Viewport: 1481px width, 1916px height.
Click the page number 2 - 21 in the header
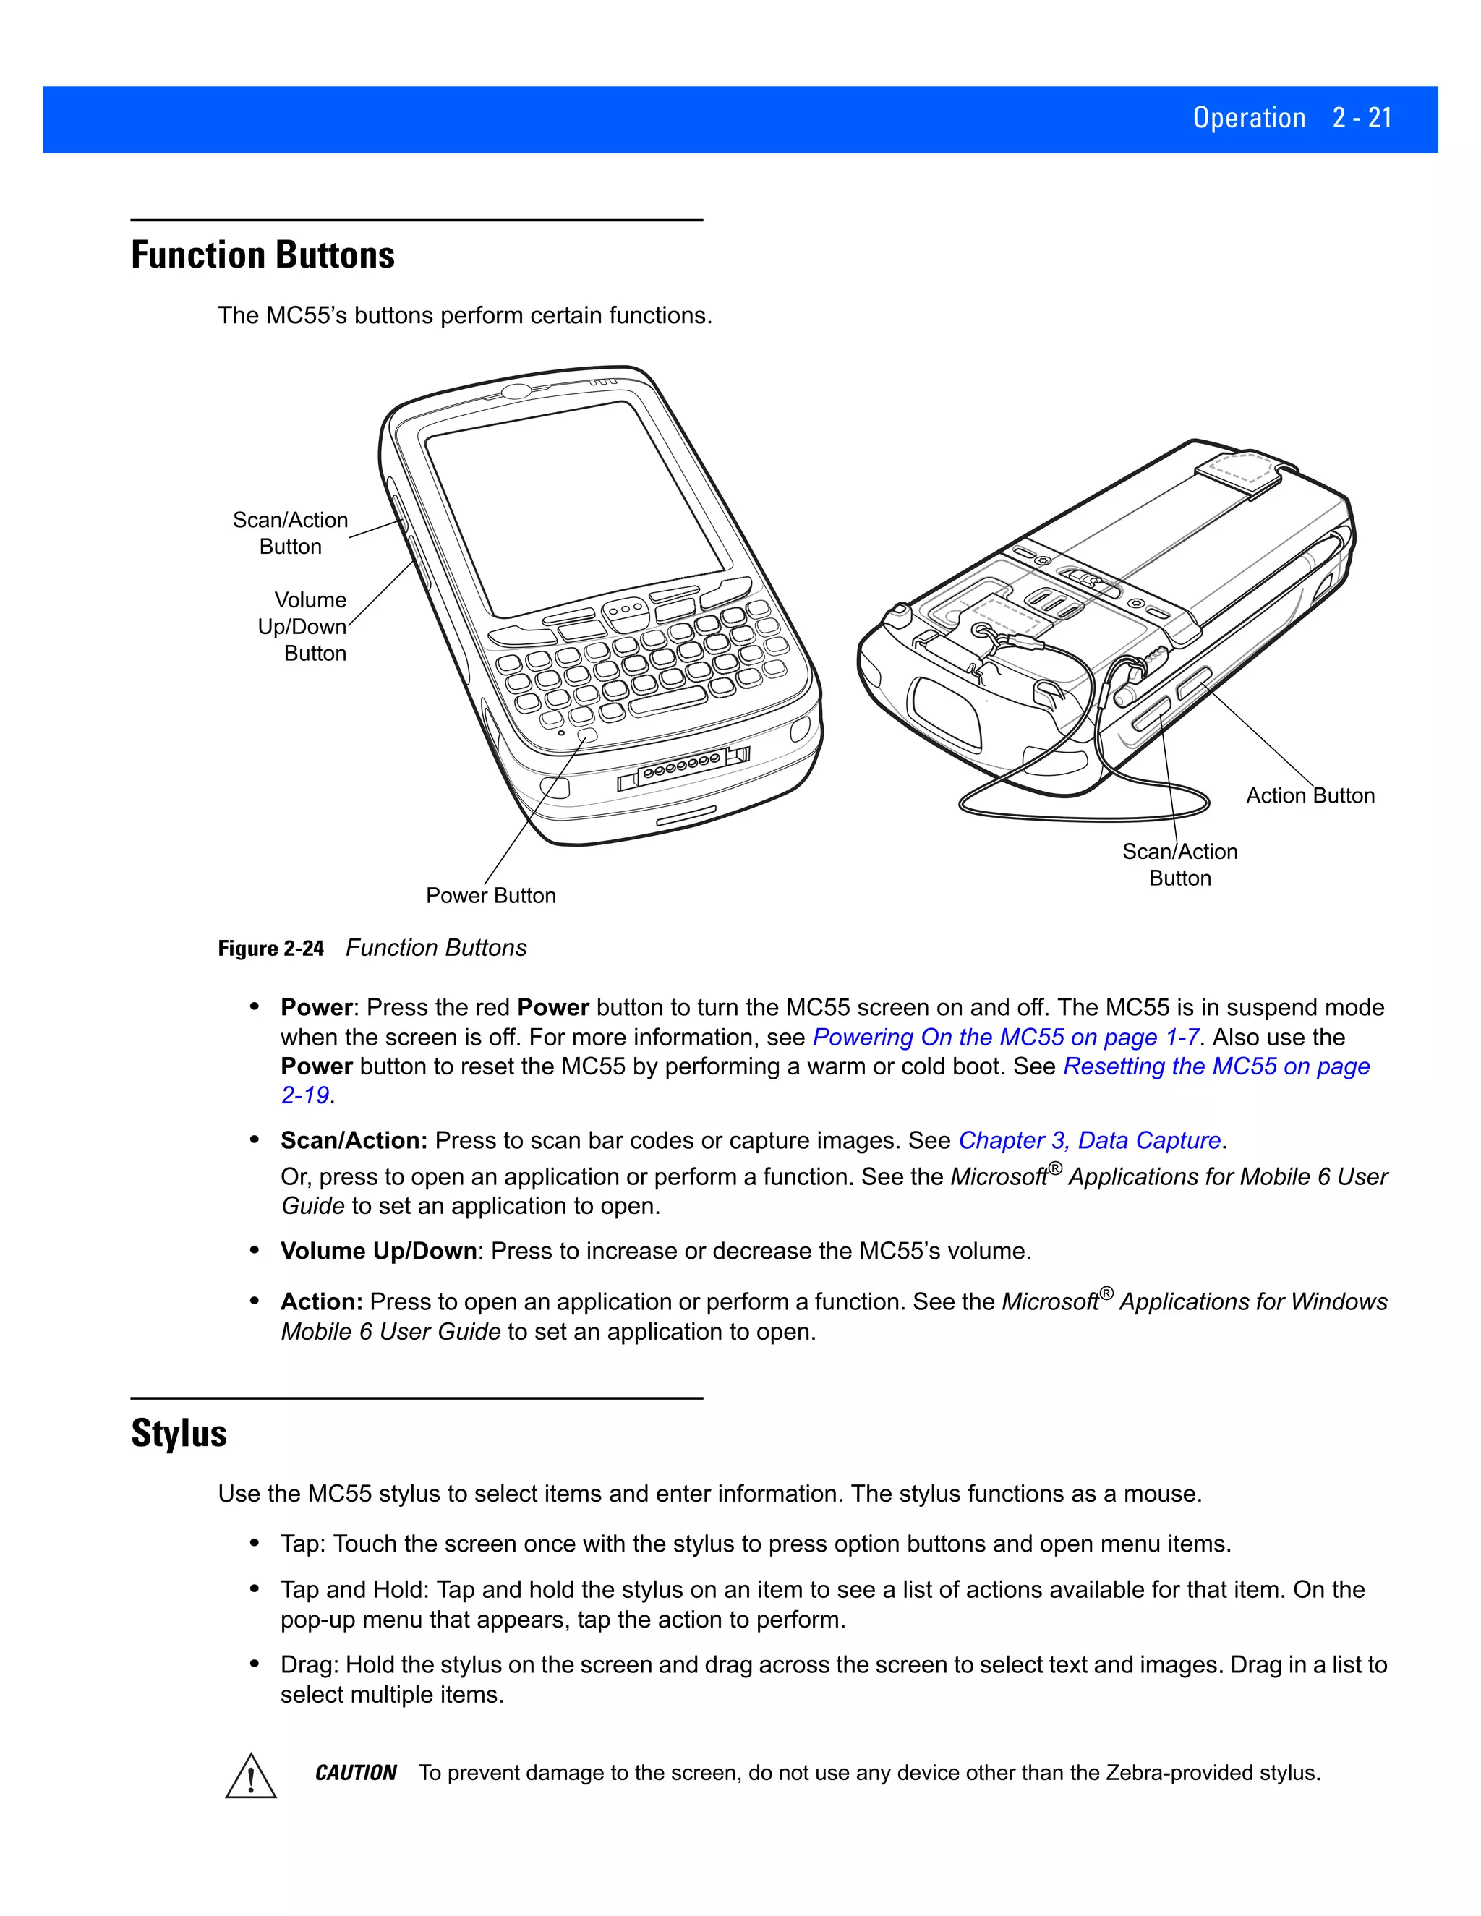(x=1362, y=119)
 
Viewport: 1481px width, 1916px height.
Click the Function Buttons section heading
(x=263, y=255)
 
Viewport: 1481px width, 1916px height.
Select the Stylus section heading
(x=179, y=1434)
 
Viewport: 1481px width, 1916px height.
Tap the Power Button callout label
(x=490, y=896)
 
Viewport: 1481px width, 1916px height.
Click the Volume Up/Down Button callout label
(x=303, y=626)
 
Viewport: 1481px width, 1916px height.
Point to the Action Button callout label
(x=1310, y=796)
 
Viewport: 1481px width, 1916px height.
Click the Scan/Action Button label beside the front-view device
(x=291, y=534)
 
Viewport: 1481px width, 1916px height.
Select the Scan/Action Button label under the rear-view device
(x=1179, y=865)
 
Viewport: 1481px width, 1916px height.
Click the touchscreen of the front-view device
(x=575, y=509)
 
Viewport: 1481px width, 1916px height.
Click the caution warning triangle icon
(x=251, y=1776)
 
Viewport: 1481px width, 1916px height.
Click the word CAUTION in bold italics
(x=355, y=1773)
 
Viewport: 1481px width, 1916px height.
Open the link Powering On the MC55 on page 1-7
(x=1005, y=1037)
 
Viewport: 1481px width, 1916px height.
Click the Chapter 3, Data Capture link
(x=1089, y=1140)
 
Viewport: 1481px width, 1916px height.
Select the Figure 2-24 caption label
(x=271, y=949)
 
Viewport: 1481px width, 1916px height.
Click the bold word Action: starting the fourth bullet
(x=321, y=1302)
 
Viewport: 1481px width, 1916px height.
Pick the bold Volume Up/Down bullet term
(x=378, y=1251)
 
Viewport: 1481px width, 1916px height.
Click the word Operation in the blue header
(x=1248, y=119)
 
